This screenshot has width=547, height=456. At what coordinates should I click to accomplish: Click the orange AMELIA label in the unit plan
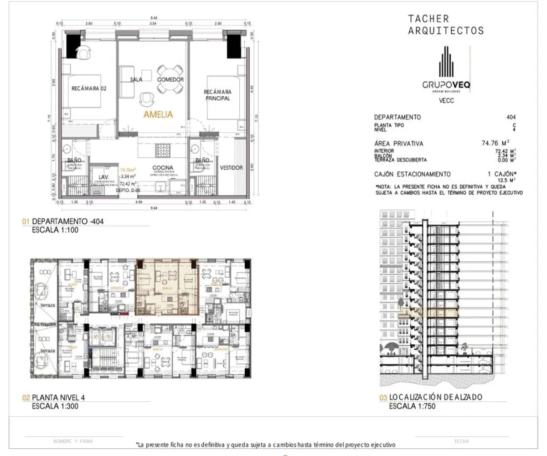[158, 114]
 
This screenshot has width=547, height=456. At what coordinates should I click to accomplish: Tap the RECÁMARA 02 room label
[89, 89]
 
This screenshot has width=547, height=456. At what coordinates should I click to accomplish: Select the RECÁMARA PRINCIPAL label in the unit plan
[217, 95]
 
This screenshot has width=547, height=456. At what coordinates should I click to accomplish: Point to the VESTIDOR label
[231, 168]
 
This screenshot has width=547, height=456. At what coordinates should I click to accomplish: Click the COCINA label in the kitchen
[162, 167]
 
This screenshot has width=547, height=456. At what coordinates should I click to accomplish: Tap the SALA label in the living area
[136, 79]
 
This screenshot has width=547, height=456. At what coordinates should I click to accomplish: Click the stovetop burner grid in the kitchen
[162, 149]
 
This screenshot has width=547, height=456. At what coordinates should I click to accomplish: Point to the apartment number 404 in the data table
[511, 117]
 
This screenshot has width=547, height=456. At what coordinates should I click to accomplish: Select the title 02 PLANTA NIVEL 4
[54, 398]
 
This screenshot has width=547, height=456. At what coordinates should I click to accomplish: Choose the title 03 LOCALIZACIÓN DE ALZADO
[430, 398]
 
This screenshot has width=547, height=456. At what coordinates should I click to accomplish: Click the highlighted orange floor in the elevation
[428, 313]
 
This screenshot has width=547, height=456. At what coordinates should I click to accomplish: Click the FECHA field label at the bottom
[462, 441]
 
